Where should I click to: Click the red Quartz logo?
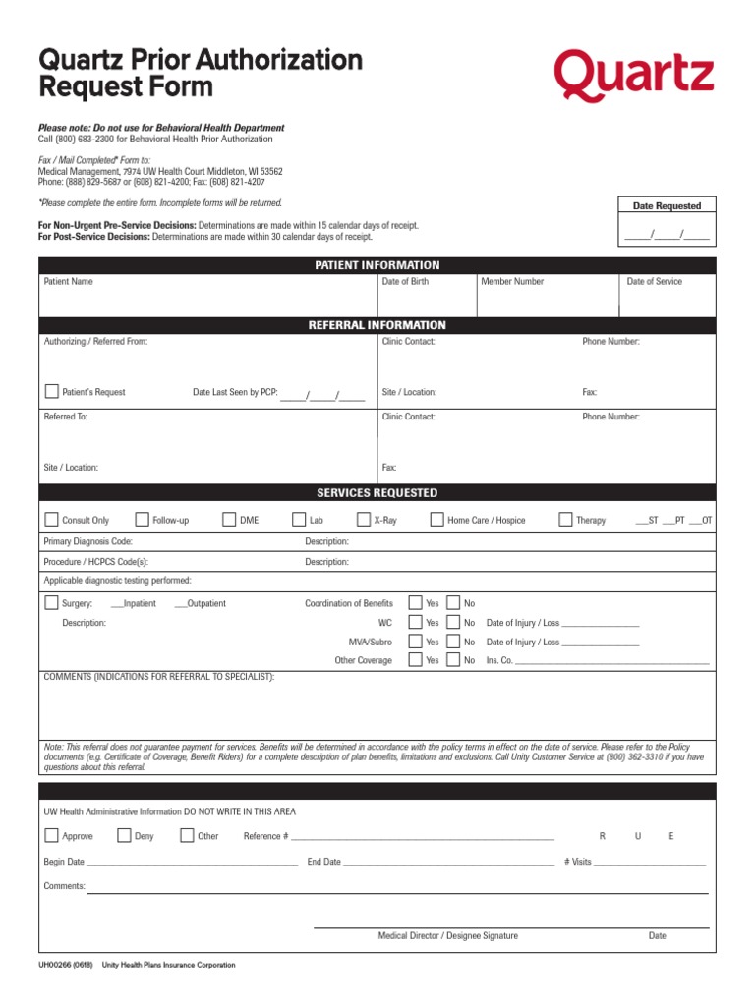point(633,77)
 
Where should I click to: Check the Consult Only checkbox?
point(51,520)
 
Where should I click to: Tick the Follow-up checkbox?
point(142,520)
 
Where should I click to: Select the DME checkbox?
point(229,520)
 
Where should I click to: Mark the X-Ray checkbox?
point(363,520)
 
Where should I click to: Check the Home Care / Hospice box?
point(436,520)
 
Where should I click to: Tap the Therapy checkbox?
point(565,520)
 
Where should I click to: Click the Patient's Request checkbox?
point(51,391)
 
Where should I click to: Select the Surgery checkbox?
point(51,603)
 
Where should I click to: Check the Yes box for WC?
point(415,623)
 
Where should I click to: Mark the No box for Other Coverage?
point(453,660)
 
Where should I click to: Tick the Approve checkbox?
point(51,836)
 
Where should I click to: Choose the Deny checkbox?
point(124,836)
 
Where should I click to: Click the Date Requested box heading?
point(667,206)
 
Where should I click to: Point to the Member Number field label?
point(512,282)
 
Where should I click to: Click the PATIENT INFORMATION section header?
point(377,265)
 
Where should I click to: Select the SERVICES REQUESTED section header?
point(377,493)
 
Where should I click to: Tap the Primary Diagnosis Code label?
point(88,541)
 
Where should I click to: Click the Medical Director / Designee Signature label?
point(447,936)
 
